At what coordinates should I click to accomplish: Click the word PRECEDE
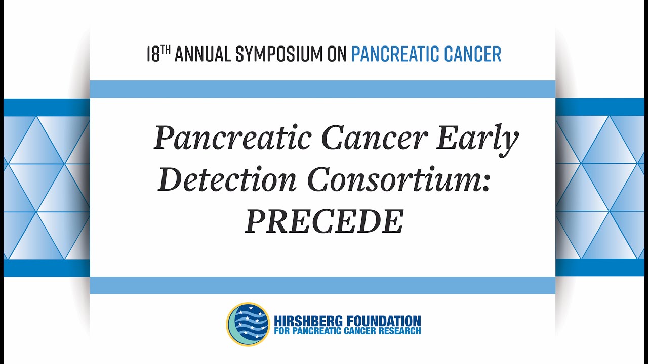(x=324, y=221)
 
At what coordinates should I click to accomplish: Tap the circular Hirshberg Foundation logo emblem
(x=248, y=324)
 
